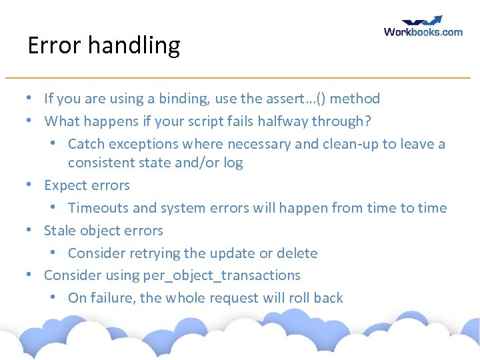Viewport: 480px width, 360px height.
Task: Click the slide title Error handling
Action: click(x=104, y=45)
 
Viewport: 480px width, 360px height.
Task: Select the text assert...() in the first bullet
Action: click(x=297, y=99)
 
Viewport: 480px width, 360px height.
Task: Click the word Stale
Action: click(x=58, y=231)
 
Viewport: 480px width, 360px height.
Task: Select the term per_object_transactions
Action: click(x=221, y=275)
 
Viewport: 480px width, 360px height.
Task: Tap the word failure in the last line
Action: click(x=112, y=298)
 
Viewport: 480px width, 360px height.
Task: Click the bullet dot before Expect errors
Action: click(x=30, y=185)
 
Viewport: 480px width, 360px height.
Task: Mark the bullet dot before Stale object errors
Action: click(x=30, y=231)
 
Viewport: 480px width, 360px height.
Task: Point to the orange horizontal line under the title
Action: click(x=240, y=78)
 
